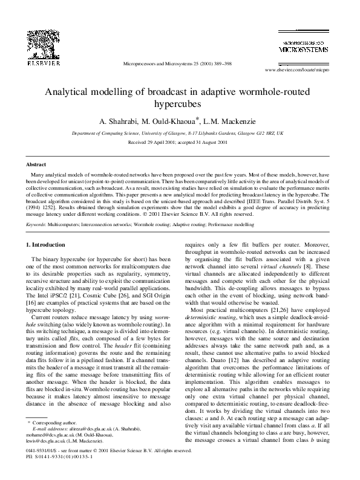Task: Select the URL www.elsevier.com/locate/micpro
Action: click(301, 70)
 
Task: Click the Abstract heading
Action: click(36, 164)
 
